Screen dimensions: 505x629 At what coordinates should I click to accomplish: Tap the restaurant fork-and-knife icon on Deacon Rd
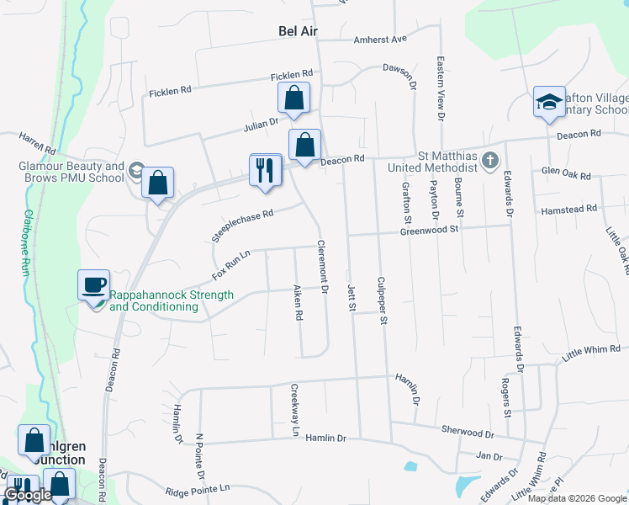point(266,171)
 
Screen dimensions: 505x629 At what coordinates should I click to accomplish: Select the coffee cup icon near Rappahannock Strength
point(93,284)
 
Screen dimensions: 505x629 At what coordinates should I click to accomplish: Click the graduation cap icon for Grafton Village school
point(548,103)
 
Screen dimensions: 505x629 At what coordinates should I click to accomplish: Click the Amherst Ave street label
point(380,39)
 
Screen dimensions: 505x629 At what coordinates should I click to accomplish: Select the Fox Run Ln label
point(231,264)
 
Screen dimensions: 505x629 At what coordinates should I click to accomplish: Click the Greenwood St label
point(431,229)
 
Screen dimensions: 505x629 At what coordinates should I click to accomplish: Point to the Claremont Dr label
point(322,268)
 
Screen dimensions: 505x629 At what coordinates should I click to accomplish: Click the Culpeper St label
point(382,300)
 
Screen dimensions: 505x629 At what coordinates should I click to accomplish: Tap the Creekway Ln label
point(295,409)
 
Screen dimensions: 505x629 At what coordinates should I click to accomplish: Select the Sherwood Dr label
point(468,432)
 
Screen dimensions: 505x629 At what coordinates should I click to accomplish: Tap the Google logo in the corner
point(28,495)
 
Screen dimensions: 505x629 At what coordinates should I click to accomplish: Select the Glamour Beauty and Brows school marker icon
point(135,172)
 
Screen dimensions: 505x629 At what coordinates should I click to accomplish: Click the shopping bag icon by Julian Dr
point(294,99)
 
